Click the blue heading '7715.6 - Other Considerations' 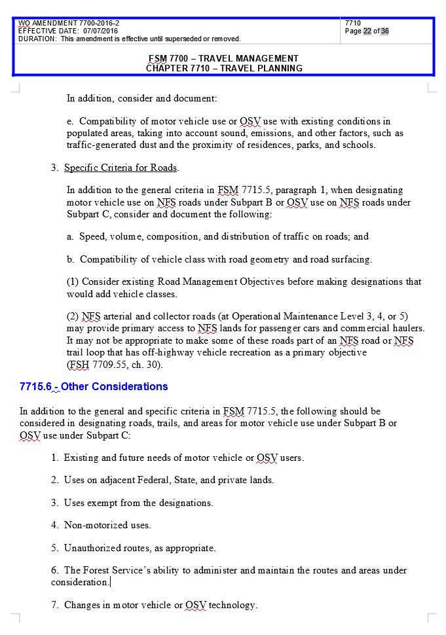94,386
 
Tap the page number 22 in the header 367,31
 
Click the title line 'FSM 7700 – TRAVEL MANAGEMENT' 223,58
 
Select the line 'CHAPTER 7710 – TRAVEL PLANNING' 224,68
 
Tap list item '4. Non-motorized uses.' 101,525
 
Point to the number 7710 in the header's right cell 353,24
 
